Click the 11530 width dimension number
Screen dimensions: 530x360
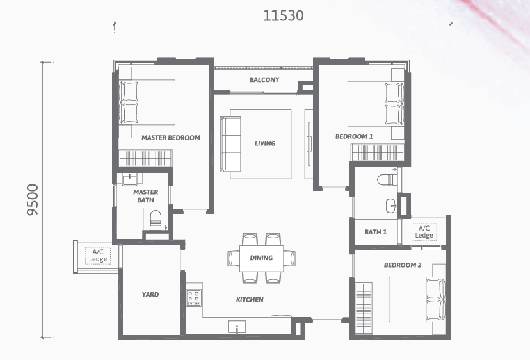tap(284, 15)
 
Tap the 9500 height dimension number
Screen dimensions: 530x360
tap(33, 200)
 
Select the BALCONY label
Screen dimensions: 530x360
tap(264, 79)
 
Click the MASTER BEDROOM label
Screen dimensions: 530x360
tap(171, 138)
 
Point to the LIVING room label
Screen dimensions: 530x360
tap(265, 143)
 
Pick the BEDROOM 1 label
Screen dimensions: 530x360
tap(354, 136)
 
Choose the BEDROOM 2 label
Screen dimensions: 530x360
tap(403, 265)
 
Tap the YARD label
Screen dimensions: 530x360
tap(150, 295)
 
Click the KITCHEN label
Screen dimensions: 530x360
tap(250, 299)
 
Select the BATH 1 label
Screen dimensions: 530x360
tap(376, 232)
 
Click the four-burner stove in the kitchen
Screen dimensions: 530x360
tap(194, 298)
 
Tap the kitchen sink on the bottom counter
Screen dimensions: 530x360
tap(237, 327)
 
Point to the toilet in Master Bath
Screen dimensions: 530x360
tap(156, 220)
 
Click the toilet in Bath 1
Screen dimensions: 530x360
tap(387, 179)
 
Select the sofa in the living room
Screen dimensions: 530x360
tap(230, 144)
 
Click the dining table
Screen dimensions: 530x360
tap(261, 259)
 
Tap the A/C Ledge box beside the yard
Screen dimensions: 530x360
tap(98, 256)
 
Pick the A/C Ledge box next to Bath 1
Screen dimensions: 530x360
tap(424, 232)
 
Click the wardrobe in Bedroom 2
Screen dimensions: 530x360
tap(364, 308)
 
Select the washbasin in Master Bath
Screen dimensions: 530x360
tap(130, 179)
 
